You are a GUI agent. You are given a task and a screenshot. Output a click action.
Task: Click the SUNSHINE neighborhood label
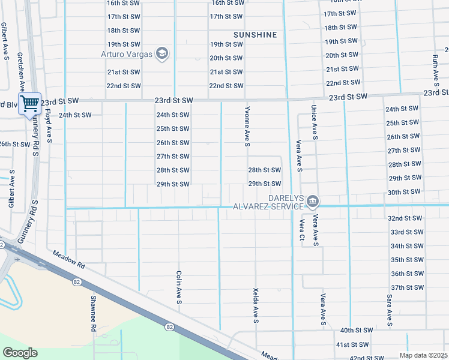[255, 35]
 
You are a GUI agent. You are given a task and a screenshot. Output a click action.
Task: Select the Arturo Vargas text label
[127, 55]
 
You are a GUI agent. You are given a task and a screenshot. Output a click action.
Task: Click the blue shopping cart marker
[29, 104]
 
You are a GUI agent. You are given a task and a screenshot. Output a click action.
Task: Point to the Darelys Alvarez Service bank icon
[313, 201]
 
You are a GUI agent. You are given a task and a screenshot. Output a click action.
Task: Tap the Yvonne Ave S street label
[247, 127]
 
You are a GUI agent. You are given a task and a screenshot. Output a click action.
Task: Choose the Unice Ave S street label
[314, 122]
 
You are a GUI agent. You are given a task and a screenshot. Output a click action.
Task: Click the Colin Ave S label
[179, 287]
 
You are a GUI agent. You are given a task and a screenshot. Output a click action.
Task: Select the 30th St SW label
[403, 192]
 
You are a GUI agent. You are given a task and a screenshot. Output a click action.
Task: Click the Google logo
[19, 353]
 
